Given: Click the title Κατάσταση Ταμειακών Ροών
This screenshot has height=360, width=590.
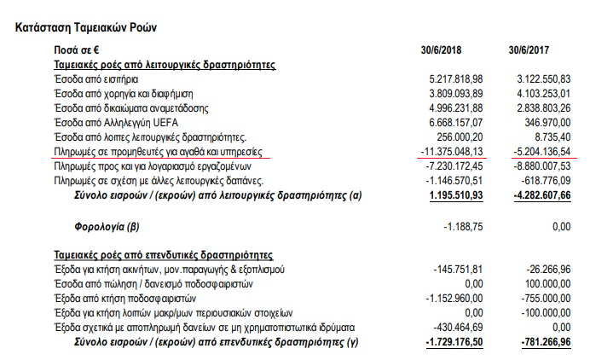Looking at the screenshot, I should pyautogui.click(x=86, y=27).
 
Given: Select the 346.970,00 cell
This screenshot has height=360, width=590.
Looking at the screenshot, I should pyautogui.click(x=545, y=121).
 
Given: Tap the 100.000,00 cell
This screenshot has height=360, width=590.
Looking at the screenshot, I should pyautogui.click(x=545, y=283).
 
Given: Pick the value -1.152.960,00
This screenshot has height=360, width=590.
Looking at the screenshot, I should pyautogui.click(x=452, y=299).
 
